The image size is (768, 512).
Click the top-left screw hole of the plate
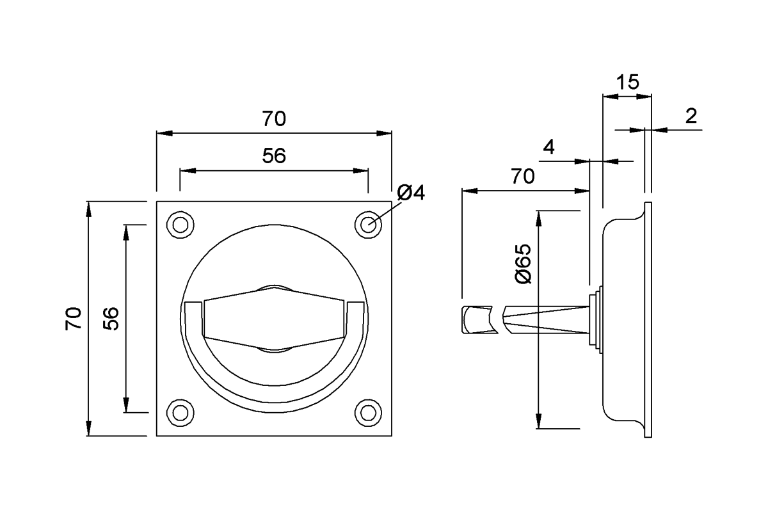click(180, 225)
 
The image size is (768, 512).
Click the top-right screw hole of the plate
click(368, 225)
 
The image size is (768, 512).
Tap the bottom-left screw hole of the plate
click(180, 413)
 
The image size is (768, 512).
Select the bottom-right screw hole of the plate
click(368, 413)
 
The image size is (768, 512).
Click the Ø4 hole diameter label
click(411, 193)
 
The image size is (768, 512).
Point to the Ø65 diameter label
click(524, 264)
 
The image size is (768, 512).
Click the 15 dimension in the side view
click(627, 83)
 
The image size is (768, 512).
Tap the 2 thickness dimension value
click(691, 116)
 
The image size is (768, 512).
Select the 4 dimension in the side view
click(548, 147)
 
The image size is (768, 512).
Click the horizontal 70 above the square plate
click(274, 118)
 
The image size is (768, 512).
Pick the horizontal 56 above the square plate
click(274, 156)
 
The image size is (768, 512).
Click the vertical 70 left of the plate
click(74, 319)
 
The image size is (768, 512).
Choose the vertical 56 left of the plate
click(111, 319)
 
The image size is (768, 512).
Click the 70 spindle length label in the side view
click(522, 176)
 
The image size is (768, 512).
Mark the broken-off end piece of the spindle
click(479, 319)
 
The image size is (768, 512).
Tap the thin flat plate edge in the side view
click(648, 319)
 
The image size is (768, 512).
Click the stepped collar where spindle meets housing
click(596, 319)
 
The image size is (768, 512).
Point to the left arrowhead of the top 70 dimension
click(164, 133)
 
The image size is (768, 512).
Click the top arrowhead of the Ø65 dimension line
click(539, 218)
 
